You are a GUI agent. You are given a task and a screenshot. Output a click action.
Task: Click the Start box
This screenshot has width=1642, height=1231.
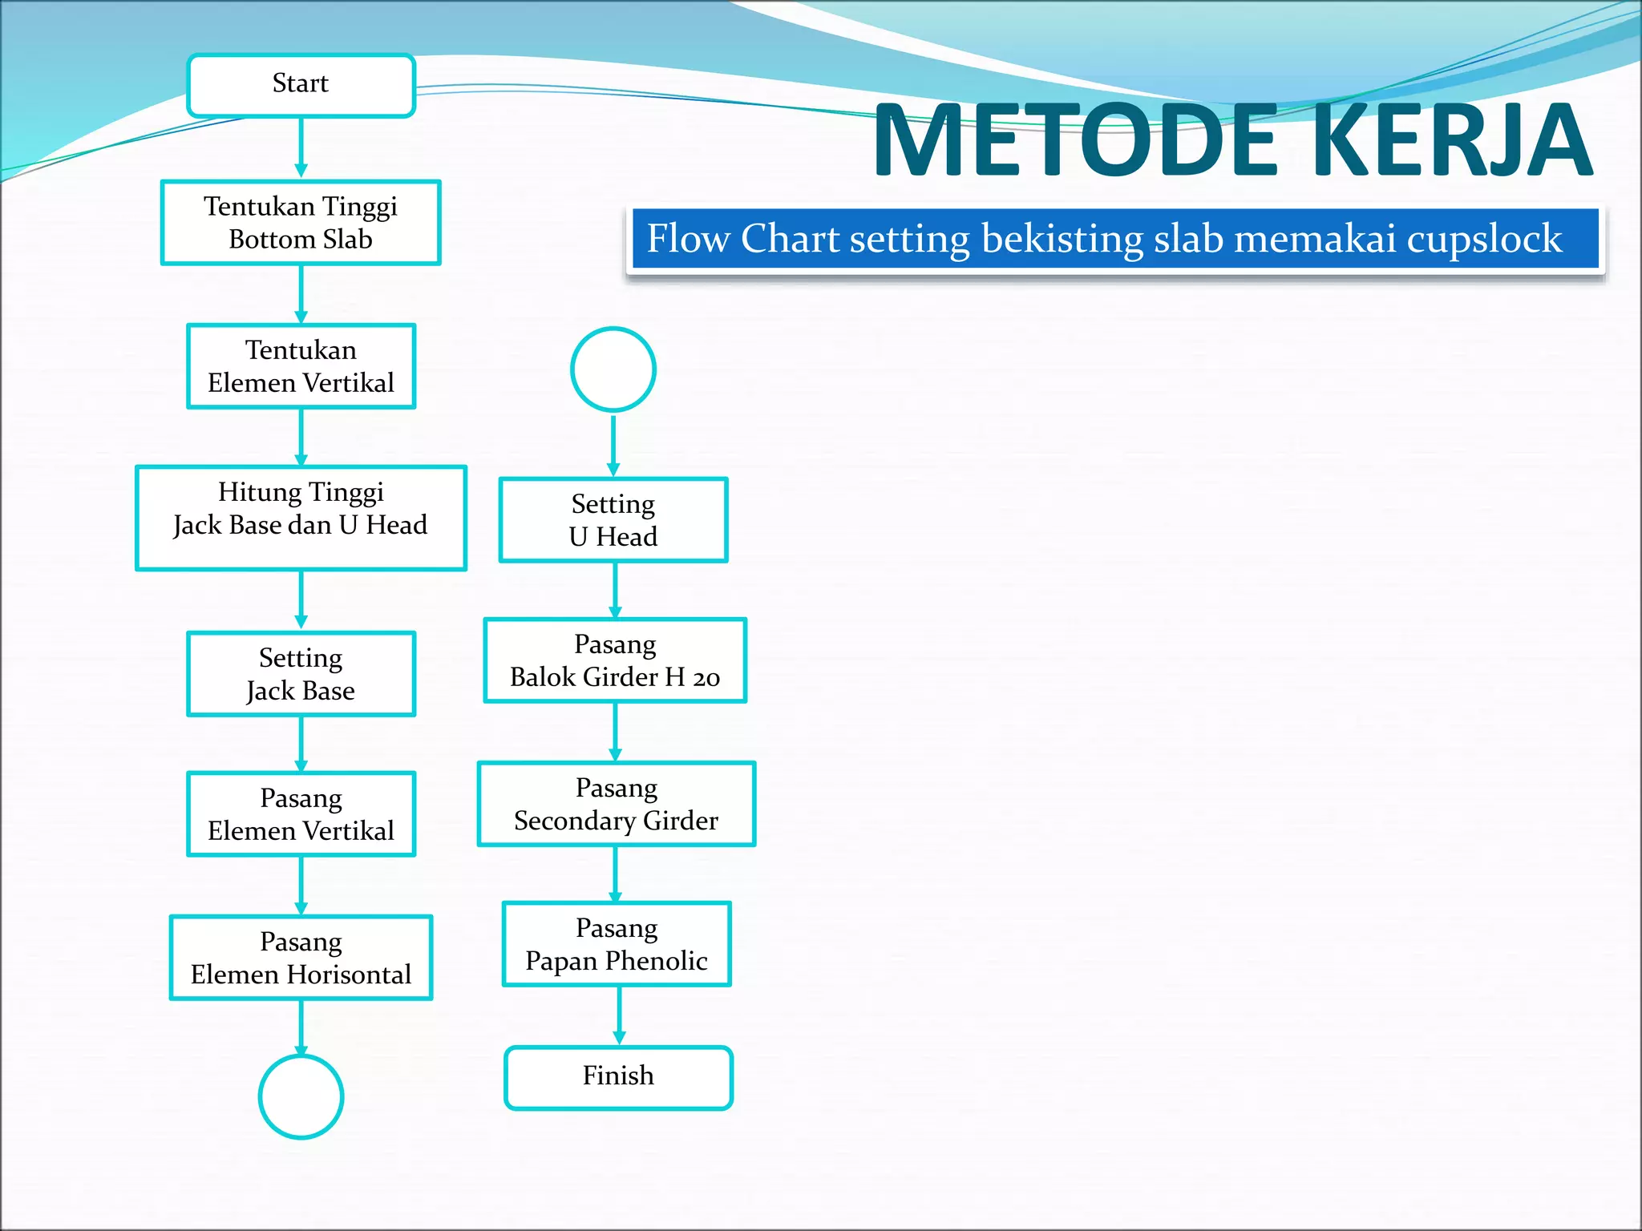[301, 85]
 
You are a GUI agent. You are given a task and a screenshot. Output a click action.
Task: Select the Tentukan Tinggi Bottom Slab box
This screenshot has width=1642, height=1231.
[301, 223]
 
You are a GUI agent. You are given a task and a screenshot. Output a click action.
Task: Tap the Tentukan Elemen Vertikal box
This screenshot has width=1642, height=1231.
[301, 366]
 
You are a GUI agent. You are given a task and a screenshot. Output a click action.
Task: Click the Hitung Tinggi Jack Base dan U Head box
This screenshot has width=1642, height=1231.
[301, 518]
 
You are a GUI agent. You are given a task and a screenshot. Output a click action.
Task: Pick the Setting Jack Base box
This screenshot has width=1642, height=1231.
[301, 674]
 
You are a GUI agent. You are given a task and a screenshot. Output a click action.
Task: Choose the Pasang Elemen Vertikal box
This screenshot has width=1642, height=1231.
[301, 814]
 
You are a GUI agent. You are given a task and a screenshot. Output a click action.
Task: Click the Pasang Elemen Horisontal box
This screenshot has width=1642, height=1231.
[301, 958]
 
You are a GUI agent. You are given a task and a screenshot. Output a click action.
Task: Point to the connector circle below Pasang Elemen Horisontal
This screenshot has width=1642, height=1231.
[301, 1096]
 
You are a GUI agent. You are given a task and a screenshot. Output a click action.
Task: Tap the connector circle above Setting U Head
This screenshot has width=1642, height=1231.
[613, 369]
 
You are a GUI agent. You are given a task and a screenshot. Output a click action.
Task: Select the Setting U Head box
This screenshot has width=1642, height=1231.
[613, 520]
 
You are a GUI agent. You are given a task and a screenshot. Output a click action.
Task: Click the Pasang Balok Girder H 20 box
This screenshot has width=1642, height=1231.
[615, 660]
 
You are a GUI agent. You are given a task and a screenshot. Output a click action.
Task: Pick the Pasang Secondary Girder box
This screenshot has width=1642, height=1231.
[617, 804]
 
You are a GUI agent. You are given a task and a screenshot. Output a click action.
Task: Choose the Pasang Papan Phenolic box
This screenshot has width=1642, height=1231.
[617, 944]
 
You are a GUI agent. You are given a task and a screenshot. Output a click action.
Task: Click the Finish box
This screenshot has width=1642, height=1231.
[618, 1077]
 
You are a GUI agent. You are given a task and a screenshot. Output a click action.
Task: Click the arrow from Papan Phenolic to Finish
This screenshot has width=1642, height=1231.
[618, 1015]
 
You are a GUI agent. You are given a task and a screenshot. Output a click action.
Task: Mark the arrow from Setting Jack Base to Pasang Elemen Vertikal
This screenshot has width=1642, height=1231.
[301, 744]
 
